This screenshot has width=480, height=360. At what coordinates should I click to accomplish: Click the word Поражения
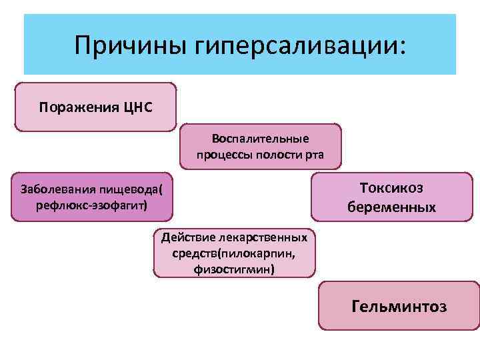79,107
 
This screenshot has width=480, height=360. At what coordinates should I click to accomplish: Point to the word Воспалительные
260,139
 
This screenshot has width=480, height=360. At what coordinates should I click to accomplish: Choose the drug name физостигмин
233,269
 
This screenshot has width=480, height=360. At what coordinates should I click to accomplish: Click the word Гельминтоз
399,307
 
